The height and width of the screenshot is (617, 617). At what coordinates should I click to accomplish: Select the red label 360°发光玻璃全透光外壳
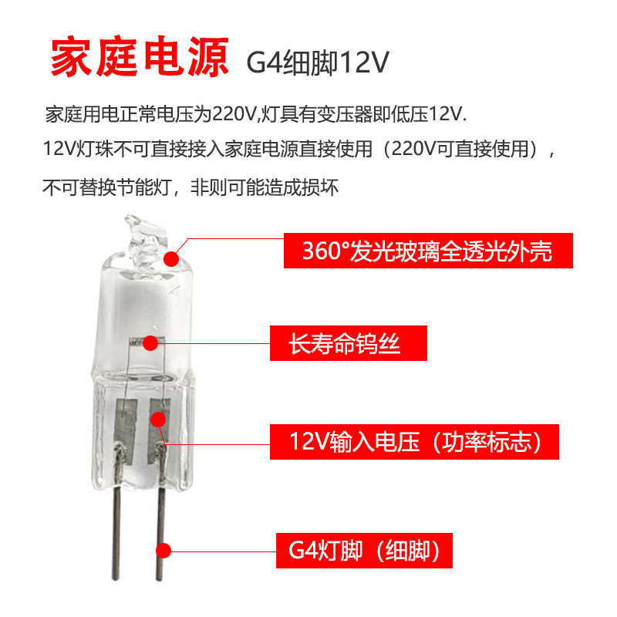(429, 251)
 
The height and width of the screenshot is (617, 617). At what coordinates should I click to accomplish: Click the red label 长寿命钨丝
(348, 343)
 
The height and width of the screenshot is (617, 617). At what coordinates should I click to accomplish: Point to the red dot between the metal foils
(158, 420)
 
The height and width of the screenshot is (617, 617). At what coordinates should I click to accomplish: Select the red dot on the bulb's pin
(163, 550)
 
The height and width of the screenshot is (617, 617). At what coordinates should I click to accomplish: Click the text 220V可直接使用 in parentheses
(463, 150)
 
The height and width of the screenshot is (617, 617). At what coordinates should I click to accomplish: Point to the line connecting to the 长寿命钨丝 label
(216, 341)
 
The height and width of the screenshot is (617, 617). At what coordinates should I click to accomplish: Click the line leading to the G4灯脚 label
(224, 551)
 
